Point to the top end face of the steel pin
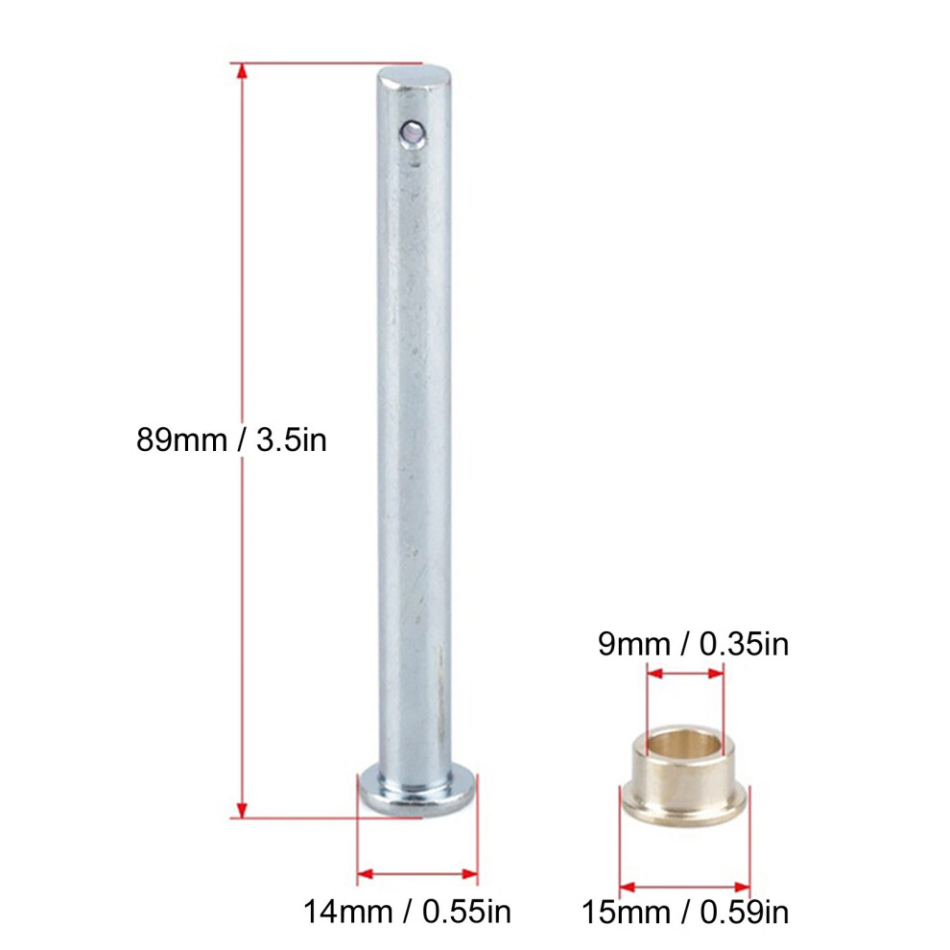[416, 78]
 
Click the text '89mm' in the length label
[181, 439]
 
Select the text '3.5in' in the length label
[292, 439]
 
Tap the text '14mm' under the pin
[347, 912]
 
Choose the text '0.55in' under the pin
[466, 912]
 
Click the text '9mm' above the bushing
[634, 644]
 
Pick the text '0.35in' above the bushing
[744, 644]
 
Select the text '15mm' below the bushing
[626, 912]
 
